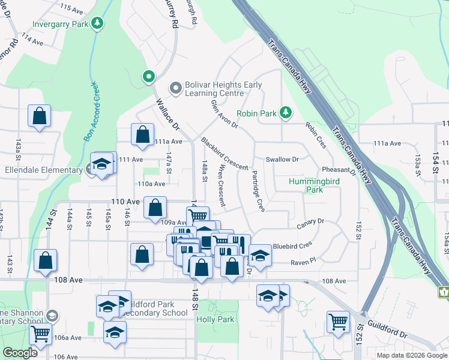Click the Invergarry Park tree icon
pos(97,23)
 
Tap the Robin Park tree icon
pos(286,112)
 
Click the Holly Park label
pos(215,320)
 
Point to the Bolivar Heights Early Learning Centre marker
pos(176,89)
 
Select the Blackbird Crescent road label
pos(224,154)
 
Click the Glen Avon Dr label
pos(225,114)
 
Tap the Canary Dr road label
pos(310,222)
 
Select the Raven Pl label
pos(303,262)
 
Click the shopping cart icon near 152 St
pos(338,322)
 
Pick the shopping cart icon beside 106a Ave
pos(40,332)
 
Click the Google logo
pos(20,353)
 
